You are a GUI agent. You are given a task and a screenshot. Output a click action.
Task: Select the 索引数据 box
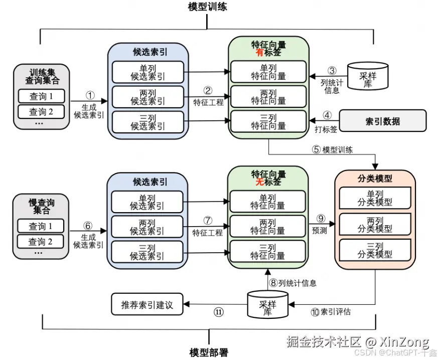[383, 121]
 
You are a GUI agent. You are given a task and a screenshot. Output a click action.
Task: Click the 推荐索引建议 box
[147, 305]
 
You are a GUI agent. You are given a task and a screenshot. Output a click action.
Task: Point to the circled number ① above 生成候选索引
[90, 95]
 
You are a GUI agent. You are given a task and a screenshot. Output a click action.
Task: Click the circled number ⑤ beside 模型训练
[316, 149]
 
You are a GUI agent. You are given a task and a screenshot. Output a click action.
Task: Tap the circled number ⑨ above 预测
[321, 219]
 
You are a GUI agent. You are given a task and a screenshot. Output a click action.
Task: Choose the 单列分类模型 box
[375, 199]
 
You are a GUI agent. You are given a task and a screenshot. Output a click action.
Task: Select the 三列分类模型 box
[375, 250]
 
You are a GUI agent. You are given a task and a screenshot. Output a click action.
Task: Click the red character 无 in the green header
[259, 183]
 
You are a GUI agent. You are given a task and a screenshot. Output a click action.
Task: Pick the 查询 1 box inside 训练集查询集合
[41, 96]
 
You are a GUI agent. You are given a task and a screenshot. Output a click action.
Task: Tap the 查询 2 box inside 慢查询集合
[41, 242]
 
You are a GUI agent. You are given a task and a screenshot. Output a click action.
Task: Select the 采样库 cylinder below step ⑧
[267, 304]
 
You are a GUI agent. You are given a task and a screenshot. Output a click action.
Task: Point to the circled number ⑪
[219, 312]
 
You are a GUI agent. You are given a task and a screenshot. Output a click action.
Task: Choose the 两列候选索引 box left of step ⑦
[147, 227]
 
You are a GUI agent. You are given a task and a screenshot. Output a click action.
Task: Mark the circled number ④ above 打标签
[327, 114]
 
